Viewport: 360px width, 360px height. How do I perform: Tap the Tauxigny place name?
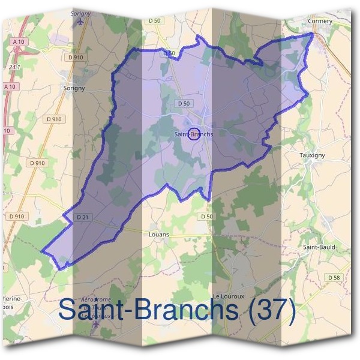(311, 155)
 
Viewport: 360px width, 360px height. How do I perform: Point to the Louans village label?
(158, 235)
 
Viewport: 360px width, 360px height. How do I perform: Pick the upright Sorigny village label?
(74, 88)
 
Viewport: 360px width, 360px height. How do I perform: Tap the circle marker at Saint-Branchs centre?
(193, 134)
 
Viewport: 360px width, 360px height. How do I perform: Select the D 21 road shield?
(83, 216)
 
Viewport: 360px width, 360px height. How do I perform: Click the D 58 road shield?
(334, 277)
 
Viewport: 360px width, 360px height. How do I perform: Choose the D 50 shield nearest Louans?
(206, 216)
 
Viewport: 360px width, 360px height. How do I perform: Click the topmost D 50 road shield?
(154, 21)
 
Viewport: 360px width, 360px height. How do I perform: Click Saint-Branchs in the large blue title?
(150, 310)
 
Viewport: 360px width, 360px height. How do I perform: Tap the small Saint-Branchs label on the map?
(193, 134)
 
